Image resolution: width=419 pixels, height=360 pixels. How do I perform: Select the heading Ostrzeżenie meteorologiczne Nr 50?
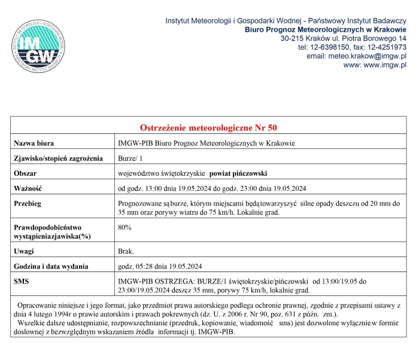point(208,128)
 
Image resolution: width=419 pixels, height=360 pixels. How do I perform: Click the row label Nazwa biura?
point(34,143)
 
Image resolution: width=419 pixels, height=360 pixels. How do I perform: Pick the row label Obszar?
point(26,173)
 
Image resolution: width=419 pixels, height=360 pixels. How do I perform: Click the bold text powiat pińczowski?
point(238,173)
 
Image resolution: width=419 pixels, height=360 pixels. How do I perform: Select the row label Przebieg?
point(28,203)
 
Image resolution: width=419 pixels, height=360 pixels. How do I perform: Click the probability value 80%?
point(125,227)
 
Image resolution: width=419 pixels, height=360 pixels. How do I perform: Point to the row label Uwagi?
point(25,251)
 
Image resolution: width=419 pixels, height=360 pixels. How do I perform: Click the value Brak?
point(126,251)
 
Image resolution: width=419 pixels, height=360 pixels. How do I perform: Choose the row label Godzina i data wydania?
point(51,266)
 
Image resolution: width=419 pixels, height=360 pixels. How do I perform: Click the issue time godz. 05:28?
point(139,266)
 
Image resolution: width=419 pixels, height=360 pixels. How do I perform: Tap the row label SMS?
point(22,281)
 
